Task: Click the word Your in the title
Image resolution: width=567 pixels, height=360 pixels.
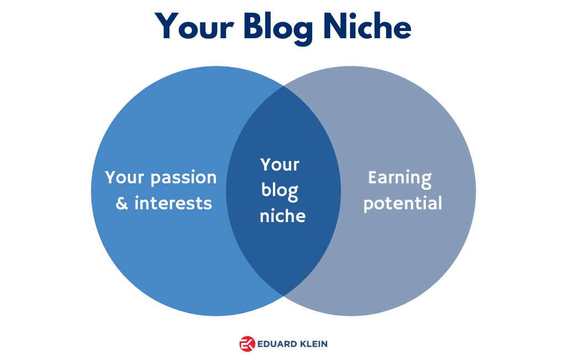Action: coord(194,26)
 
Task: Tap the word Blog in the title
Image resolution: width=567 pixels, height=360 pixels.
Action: coord(278,28)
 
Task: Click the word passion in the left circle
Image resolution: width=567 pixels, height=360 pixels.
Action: coord(183,178)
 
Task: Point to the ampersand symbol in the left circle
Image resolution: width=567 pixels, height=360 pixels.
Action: coord(122,203)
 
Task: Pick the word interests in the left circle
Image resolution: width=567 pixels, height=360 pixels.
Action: coord(173,203)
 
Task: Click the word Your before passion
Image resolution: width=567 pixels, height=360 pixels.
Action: coord(125,177)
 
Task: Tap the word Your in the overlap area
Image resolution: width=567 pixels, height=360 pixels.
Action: coord(280,164)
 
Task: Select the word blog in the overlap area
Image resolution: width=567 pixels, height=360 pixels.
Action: coord(280,191)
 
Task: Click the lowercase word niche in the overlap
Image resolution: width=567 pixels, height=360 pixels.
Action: coord(282,215)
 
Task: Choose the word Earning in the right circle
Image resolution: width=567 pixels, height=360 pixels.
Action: coord(400,178)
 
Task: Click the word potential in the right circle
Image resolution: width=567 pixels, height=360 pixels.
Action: coord(403,204)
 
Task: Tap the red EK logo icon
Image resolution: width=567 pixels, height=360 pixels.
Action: coord(248,344)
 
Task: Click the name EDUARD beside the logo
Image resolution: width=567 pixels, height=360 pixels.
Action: coord(277,344)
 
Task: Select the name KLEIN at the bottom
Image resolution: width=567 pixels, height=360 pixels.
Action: coord(314,344)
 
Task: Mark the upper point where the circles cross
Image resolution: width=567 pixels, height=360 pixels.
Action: coord(283,86)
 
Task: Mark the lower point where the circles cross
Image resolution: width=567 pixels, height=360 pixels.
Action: coord(283,296)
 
